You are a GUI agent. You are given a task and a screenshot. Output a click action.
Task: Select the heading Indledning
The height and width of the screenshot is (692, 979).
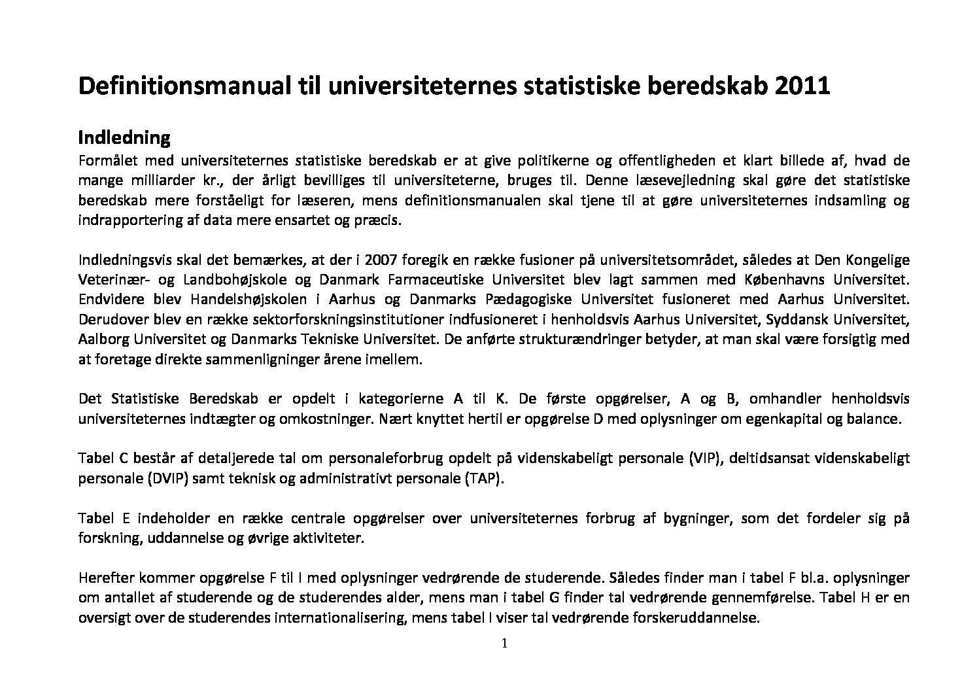[x=124, y=138]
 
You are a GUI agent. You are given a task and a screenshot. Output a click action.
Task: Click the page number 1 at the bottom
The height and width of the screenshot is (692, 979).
[x=504, y=644]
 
